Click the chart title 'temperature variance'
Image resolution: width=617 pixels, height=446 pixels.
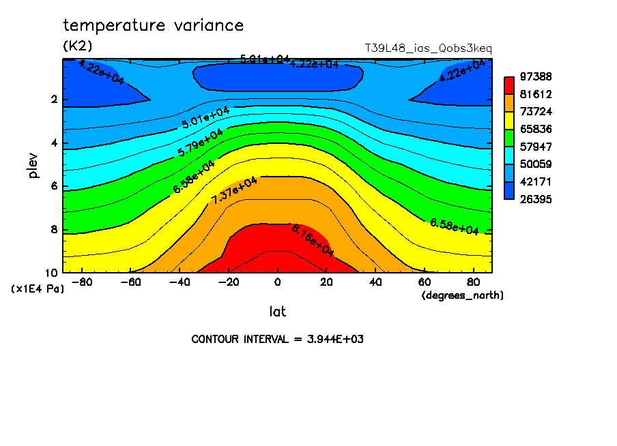[x=153, y=26]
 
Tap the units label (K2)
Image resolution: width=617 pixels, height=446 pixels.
[x=77, y=46]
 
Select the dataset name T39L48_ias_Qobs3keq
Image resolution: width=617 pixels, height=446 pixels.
[x=429, y=48]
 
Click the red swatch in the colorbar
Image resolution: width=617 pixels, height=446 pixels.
[x=509, y=85]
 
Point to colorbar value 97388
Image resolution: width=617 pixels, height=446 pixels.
[x=536, y=76]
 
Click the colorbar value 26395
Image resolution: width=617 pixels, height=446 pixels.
[x=536, y=199]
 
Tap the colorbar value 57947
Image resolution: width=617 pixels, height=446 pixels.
[x=536, y=147]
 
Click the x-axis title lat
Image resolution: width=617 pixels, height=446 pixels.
[x=277, y=312]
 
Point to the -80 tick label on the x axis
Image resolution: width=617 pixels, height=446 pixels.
[x=83, y=282]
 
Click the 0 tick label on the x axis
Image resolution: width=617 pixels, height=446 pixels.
[x=278, y=282]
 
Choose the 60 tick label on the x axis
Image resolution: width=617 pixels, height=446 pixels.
[x=424, y=282]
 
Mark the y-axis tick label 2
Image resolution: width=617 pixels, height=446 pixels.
[x=53, y=100]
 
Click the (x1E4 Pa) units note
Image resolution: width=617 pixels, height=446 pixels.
[x=38, y=289]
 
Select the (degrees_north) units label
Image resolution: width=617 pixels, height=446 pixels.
[x=462, y=295]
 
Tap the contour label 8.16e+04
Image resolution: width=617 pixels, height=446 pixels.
[x=313, y=240]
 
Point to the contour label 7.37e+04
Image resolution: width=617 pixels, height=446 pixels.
[x=234, y=191]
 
